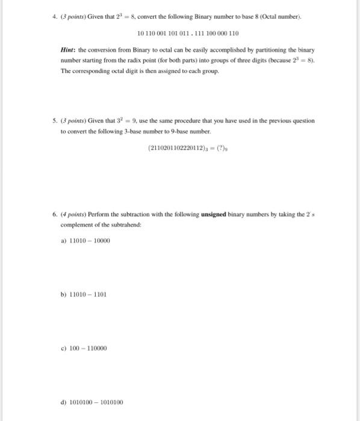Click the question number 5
coord(63,120)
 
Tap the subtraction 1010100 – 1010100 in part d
coord(96,402)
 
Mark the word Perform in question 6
coord(113,215)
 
